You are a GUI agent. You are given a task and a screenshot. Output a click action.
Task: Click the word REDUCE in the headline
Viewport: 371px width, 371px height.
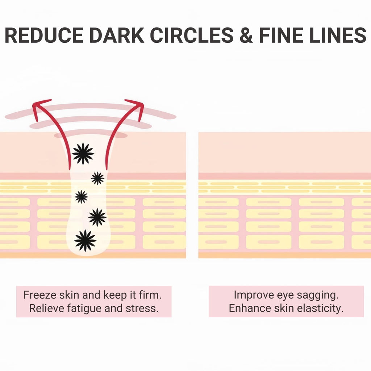pyautogui.click(x=44, y=35)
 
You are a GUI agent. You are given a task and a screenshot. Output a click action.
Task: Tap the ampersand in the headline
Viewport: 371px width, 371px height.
pyautogui.click(x=246, y=35)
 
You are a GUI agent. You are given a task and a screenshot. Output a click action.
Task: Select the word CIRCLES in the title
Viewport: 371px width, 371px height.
pyautogui.click(x=192, y=35)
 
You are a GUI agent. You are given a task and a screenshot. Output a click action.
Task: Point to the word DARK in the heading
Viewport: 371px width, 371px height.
pyautogui.click(x=117, y=35)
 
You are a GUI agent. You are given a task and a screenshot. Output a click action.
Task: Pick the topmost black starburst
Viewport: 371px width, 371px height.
pyautogui.click(x=83, y=154)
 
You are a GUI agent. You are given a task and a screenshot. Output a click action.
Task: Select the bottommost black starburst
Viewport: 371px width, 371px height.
pyautogui.click(x=85, y=241)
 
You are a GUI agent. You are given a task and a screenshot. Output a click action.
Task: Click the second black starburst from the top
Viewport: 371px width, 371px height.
pyautogui.click(x=97, y=178)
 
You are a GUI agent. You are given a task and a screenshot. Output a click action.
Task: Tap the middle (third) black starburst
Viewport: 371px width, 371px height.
pyautogui.click(x=81, y=197)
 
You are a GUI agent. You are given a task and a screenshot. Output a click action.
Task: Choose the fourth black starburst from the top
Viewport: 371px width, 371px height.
pyautogui.click(x=97, y=217)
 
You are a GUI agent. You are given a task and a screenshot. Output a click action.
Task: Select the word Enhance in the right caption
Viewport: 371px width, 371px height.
pyautogui.click(x=250, y=308)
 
